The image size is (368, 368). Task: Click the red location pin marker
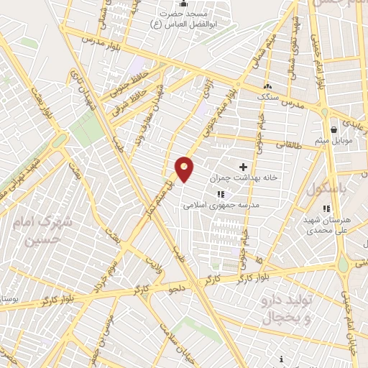185,169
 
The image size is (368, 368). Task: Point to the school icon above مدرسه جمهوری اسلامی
221,193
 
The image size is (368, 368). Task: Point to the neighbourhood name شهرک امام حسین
49,232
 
